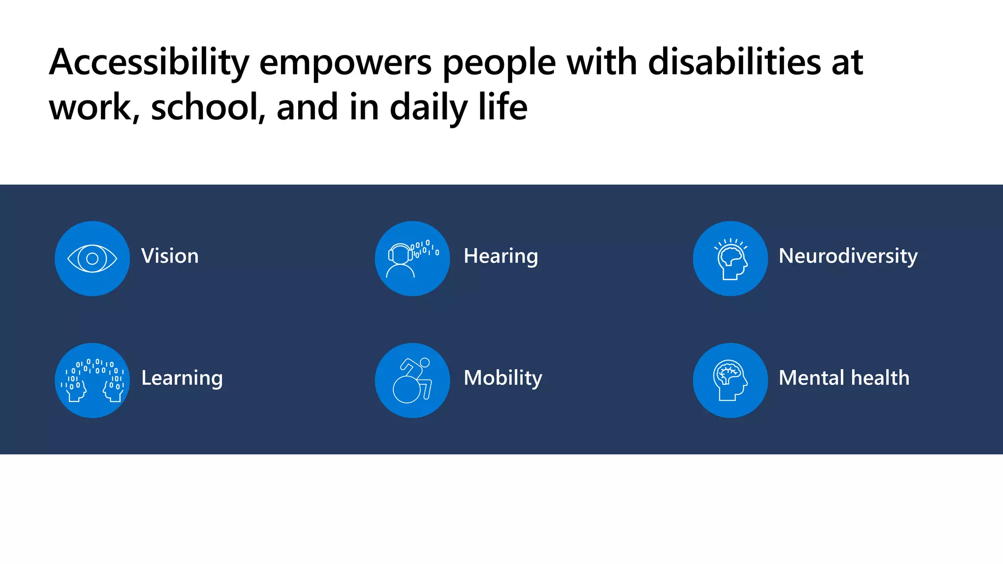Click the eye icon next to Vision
click(92, 258)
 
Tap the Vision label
click(170, 256)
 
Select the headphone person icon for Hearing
click(412, 258)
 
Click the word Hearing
click(501, 256)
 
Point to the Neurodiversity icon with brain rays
click(730, 258)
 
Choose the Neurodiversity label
click(848, 256)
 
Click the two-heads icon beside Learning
click(92, 380)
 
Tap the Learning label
click(182, 378)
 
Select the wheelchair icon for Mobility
click(412, 380)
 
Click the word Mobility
click(502, 378)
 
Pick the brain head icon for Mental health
click(730, 380)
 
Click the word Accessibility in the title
click(149, 63)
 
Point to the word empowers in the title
click(345, 63)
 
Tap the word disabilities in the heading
click(734, 63)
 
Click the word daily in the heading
click(428, 107)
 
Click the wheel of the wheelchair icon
click(406, 390)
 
